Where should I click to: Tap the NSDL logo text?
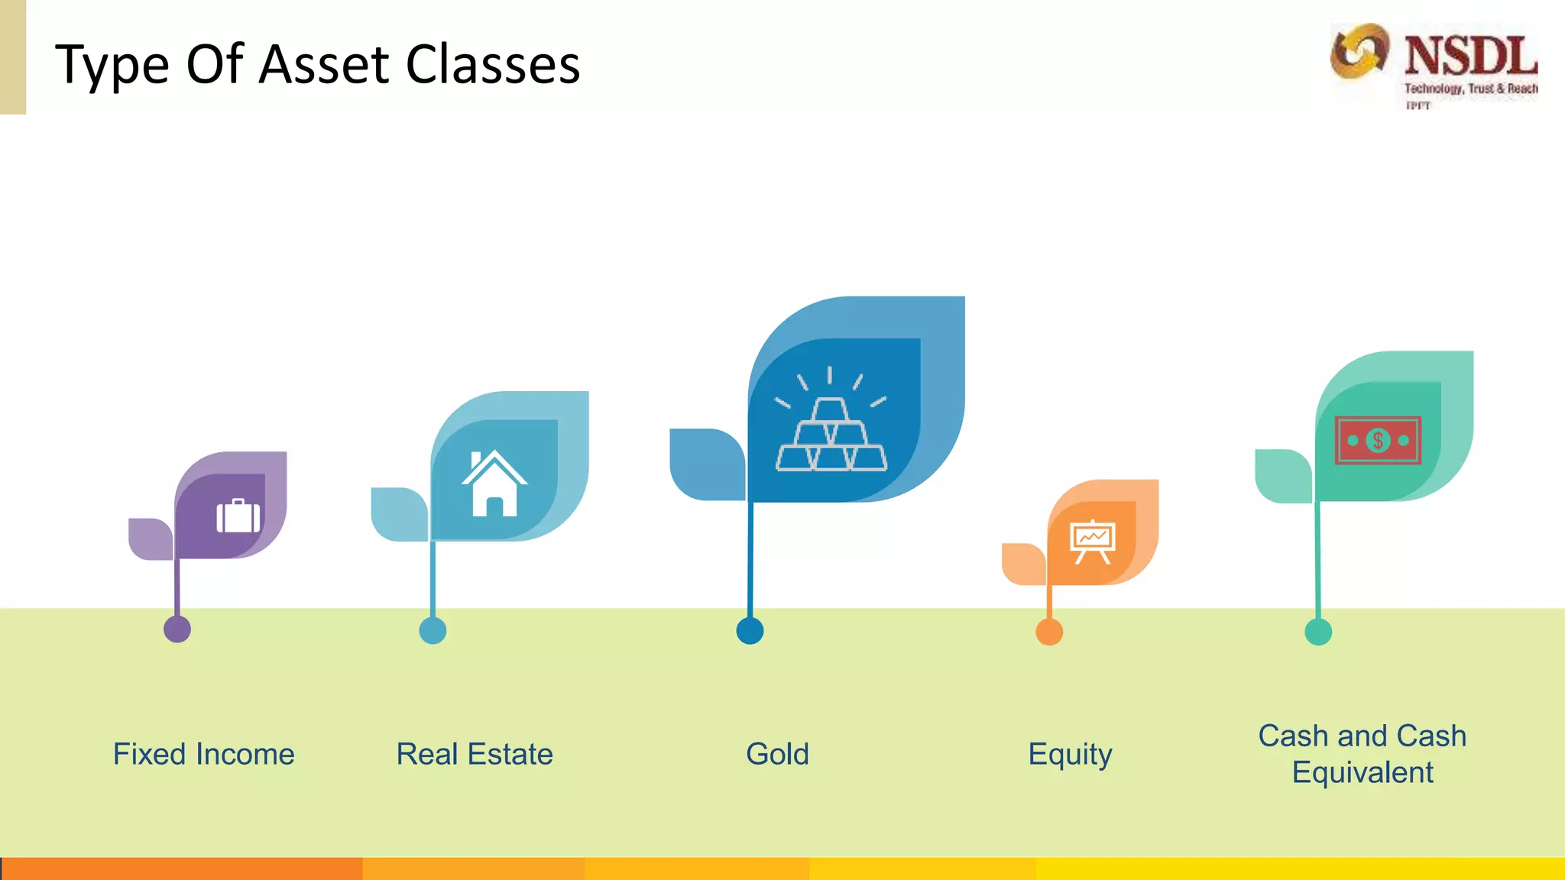coord(1470,57)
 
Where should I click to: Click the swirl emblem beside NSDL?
coord(1359,51)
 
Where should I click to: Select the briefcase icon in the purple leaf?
coord(238,516)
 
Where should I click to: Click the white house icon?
coord(494,484)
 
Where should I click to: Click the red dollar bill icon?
coord(1378,440)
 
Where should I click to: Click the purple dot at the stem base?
coord(177,629)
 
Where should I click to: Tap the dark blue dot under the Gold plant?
coord(750,631)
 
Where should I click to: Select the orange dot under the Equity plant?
coord(1049,632)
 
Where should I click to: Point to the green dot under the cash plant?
coord(1318,632)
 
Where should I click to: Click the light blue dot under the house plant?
coord(433,631)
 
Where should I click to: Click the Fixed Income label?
coord(203,754)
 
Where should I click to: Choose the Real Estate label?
coord(474,754)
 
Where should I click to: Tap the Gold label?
coord(777,754)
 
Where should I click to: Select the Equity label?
coord(1070,754)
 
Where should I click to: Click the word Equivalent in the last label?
coord(1362,772)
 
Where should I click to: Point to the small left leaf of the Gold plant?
coord(705,464)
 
